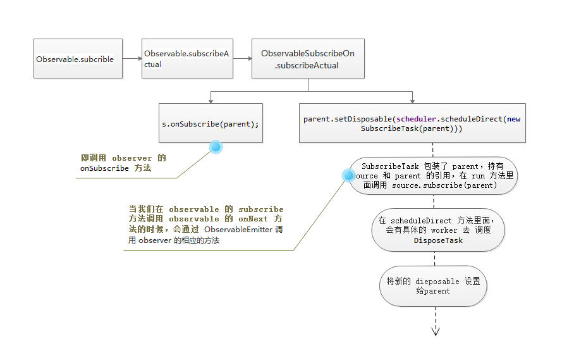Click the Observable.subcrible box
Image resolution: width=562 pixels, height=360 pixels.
pyautogui.click(x=78, y=58)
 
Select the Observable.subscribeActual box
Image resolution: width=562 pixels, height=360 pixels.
pyautogui.click(x=188, y=58)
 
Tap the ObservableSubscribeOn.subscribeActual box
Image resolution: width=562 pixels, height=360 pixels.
pyautogui.click(x=308, y=58)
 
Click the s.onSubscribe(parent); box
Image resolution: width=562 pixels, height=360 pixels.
pyautogui.click(x=211, y=123)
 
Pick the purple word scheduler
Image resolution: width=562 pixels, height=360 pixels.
pyautogui.click(x=416, y=119)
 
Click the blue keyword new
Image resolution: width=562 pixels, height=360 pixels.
pyautogui.click(x=513, y=119)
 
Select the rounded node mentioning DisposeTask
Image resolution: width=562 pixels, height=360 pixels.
pyautogui.click(x=438, y=230)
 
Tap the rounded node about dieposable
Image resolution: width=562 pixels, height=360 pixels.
pyautogui.click(x=433, y=286)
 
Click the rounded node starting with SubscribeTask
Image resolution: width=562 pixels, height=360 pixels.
pyautogui.click(x=433, y=176)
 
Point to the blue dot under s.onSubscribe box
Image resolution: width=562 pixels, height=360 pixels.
pyautogui.click(x=216, y=147)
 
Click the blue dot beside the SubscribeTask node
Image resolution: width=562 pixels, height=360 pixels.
pyautogui.click(x=348, y=175)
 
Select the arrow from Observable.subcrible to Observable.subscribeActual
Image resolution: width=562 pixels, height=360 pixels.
pyautogui.click(x=132, y=58)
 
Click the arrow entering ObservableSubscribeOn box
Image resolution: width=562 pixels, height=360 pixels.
pyautogui.click(x=242, y=58)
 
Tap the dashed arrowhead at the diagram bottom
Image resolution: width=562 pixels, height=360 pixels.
pyautogui.click(x=436, y=332)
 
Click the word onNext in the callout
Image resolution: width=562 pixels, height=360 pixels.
pyautogui.click(x=253, y=219)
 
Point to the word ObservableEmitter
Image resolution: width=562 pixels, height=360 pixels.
pyautogui.click(x=238, y=230)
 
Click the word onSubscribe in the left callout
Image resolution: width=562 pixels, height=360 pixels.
pyautogui.click(x=104, y=168)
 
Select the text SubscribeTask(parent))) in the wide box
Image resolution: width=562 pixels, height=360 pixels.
pyautogui.click(x=412, y=128)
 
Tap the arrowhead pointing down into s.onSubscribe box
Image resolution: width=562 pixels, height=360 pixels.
pyautogui.click(x=211, y=101)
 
